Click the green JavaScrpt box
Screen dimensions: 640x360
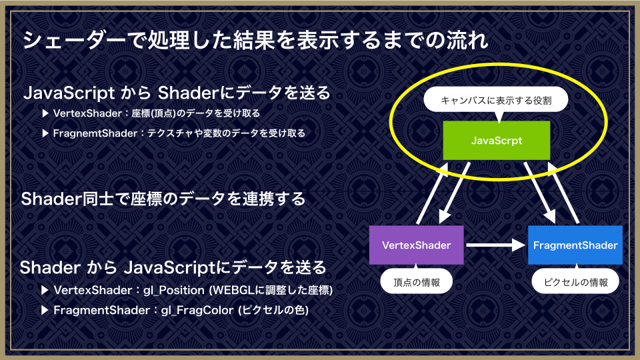pyautogui.click(x=496, y=141)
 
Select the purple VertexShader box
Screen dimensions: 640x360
pyautogui.click(x=416, y=245)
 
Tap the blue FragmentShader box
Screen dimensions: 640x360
pyautogui.click(x=575, y=245)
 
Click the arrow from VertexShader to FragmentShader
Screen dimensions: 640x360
pyautogui.click(x=495, y=245)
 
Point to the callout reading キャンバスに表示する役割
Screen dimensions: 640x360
pyautogui.click(x=496, y=101)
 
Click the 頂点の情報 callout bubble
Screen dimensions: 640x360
pyautogui.click(x=416, y=281)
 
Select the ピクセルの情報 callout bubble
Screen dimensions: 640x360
pyautogui.click(x=575, y=281)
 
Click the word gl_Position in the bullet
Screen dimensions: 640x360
pyautogui.click(x=174, y=290)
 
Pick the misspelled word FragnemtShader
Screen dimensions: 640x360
pyautogui.click(x=95, y=133)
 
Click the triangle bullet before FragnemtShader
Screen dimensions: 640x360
pyautogui.click(x=45, y=133)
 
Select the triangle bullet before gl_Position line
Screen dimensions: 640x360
pyautogui.click(x=45, y=290)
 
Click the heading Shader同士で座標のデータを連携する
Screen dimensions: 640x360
pyautogui.click(x=163, y=199)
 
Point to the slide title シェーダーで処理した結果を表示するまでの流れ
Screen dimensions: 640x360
pyautogui.click(x=255, y=40)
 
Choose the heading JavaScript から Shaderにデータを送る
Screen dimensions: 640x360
pyautogui.click(x=177, y=93)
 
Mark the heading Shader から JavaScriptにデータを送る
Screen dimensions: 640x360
pyautogui.click(x=173, y=268)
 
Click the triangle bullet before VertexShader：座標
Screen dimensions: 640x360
pyautogui.click(x=45, y=113)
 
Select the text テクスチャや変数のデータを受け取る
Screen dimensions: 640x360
pyautogui.click(x=226, y=133)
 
